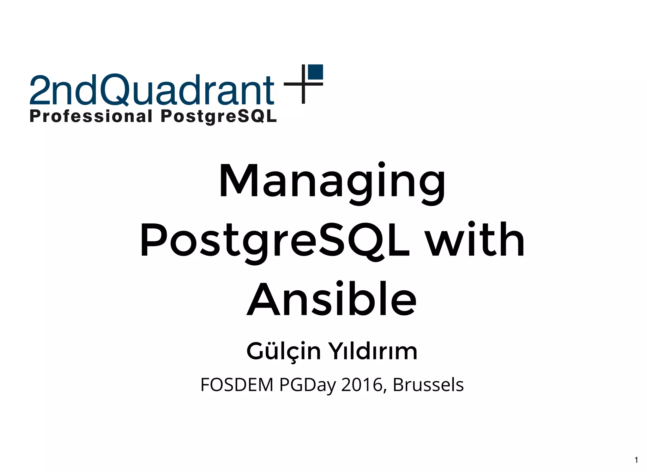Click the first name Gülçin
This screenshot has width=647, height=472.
tap(283, 351)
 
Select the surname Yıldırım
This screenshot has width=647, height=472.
tap(373, 351)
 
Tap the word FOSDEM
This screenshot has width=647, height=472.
tap(237, 385)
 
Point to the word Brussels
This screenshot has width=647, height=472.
tap(428, 385)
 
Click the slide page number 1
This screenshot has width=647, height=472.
tap(636, 460)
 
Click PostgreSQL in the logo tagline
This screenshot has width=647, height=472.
tap(219, 117)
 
